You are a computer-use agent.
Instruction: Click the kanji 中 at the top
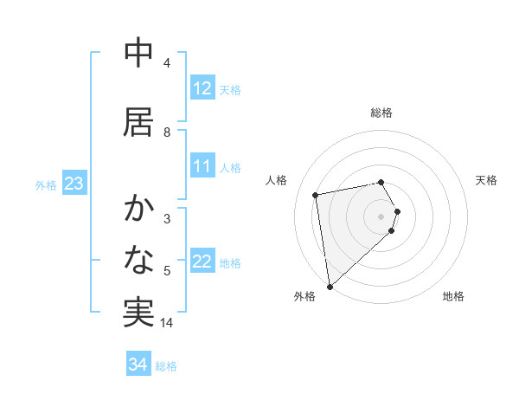(x=138, y=54)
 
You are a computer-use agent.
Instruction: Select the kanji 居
(x=138, y=122)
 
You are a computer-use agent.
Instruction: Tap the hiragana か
(x=138, y=209)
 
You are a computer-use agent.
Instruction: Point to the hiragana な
(x=138, y=260)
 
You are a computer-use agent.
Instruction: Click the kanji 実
(x=138, y=313)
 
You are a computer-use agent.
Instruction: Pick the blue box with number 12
(x=202, y=88)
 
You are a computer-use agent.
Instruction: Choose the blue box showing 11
(x=202, y=166)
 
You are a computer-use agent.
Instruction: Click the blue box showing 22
(x=202, y=262)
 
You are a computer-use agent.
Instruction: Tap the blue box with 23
(x=74, y=184)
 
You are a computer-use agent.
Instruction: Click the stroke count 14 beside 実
(x=168, y=323)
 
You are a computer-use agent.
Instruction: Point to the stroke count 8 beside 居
(x=167, y=132)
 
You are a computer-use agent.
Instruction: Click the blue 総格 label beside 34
(x=167, y=366)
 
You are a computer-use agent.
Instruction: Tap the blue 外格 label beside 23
(x=46, y=184)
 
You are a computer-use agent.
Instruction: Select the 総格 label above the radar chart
(x=381, y=113)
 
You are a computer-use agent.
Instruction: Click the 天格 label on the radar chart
(x=487, y=180)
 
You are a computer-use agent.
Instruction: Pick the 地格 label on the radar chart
(x=453, y=296)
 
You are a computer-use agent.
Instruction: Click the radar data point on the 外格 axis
(x=329, y=286)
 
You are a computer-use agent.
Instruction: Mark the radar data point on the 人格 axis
(x=316, y=195)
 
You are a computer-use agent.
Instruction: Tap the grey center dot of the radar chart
(x=381, y=216)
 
